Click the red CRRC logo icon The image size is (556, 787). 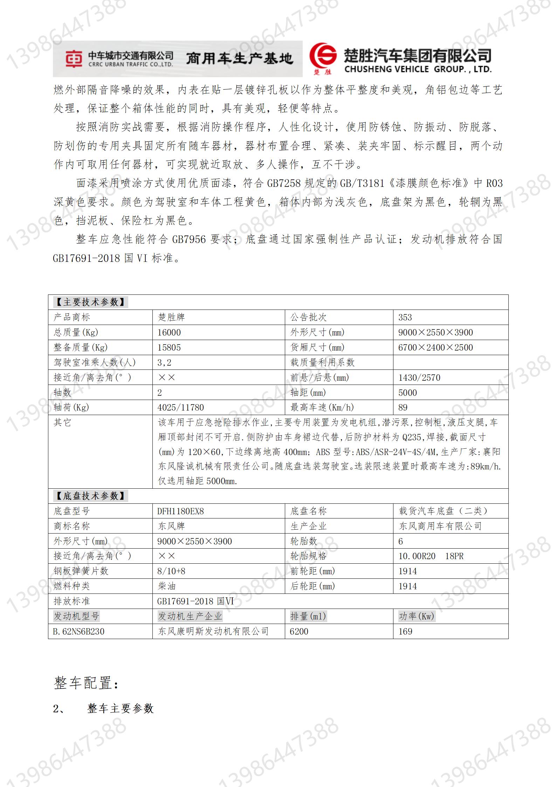(74, 59)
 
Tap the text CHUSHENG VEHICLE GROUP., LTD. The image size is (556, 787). (418, 69)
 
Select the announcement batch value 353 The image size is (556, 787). (405, 317)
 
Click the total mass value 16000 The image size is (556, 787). (169, 332)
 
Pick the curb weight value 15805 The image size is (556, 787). (169, 347)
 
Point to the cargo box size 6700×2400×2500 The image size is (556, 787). (435, 347)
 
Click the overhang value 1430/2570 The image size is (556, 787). (419, 378)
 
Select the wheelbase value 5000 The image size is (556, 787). (407, 393)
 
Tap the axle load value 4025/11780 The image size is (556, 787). (180, 407)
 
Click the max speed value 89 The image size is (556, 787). (403, 407)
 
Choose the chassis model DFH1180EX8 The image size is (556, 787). (180, 511)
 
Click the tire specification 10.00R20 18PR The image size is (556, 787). (431, 556)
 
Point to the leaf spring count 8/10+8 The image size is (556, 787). (171, 571)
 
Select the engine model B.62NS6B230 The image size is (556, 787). (78, 631)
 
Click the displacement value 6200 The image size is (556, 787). (299, 631)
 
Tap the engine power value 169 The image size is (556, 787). (405, 631)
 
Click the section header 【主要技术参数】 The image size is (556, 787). (90, 302)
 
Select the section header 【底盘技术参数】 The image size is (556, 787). (90, 496)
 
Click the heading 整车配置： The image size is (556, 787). (87, 683)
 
